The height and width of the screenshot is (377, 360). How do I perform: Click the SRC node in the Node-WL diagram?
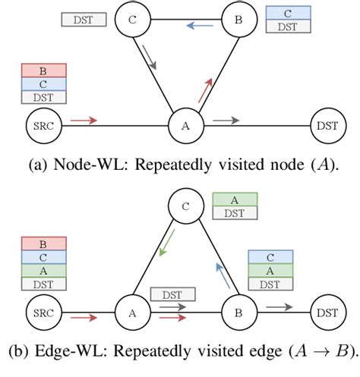pos(39,125)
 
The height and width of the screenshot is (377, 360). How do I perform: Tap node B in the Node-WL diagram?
pos(238,21)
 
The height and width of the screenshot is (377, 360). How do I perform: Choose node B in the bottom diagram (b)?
pos(238,312)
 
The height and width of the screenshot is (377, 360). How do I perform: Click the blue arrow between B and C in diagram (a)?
pos(200,25)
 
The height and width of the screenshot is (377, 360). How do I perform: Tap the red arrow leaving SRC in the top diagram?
pos(84,119)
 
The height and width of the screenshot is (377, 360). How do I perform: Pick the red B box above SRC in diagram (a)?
pos(44,71)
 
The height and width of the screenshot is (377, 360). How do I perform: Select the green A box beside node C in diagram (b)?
pos(235,200)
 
